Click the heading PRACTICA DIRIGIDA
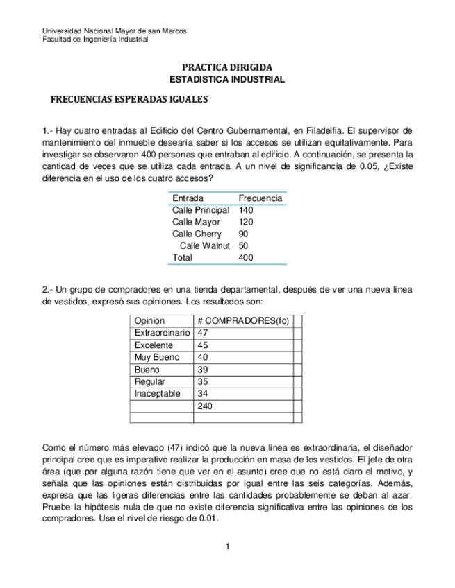click(x=227, y=67)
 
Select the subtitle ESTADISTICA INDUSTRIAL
click(x=227, y=80)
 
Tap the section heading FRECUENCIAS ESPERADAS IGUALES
click(x=129, y=99)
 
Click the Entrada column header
click(x=188, y=198)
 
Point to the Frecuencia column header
click(x=260, y=198)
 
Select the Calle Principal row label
click(x=201, y=210)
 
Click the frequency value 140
click(x=246, y=210)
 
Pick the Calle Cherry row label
click(x=197, y=234)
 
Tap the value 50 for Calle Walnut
click(x=243, y=245)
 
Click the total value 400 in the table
click(x=246, y=257)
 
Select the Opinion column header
click(x=149, y=321)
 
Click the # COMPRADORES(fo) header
click(x=242, y=321)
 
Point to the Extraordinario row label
click(x=162, y=333)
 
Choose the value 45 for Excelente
click(x=203, y=345)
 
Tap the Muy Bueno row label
click(x=156, y=357)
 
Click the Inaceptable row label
click(x=157, y=393)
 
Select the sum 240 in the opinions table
click(x=205, y=406)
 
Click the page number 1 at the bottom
click(x=227, y=547)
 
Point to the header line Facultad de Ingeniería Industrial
click(x=95, y=40)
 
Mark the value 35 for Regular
click(x=203, y=381)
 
